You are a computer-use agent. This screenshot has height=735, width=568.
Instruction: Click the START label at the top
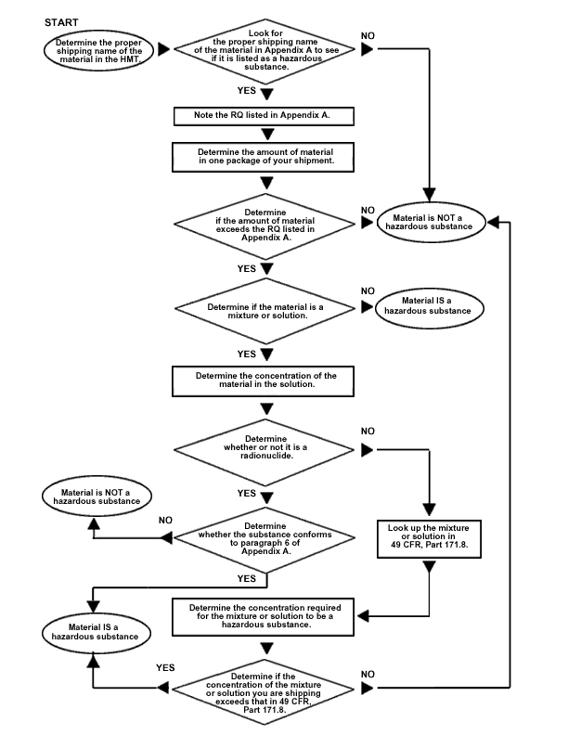(61, 22)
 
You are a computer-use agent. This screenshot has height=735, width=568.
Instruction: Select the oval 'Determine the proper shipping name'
(99, 51)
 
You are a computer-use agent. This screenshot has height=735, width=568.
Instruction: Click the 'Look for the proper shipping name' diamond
(265, 50)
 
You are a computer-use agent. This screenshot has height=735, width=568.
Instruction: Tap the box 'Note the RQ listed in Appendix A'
(264, 116)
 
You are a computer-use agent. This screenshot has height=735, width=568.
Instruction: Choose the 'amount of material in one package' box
(264, 157)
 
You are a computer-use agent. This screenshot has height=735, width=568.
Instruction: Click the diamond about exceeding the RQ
(265, 226)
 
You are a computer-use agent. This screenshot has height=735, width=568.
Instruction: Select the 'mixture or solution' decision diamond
(265, 311)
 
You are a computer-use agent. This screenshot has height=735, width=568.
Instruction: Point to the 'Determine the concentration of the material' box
(264, 381)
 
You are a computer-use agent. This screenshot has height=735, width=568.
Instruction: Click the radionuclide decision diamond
(265, 451)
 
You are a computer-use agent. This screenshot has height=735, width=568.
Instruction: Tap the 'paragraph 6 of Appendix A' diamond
(265, 539)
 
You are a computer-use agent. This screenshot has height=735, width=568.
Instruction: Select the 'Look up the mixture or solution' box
(430, 538)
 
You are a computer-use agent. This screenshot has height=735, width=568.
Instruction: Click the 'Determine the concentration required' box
(264, 616)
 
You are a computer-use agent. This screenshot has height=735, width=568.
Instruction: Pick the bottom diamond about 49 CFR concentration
(265, 692)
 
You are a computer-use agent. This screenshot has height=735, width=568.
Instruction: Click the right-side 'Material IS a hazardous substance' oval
(429, 307)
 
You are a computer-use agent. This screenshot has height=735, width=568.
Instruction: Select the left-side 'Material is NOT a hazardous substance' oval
(97, 496)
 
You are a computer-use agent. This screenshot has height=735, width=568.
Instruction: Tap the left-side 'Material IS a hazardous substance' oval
(96, 633)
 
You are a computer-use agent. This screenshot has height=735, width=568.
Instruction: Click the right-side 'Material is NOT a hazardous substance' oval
(430, 222)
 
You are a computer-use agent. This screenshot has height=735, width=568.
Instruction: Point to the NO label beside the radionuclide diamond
(368, 432)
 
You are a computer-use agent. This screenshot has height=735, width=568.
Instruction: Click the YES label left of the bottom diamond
(165, 667)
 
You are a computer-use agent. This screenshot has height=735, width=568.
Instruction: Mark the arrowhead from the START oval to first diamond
(164, 49)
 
